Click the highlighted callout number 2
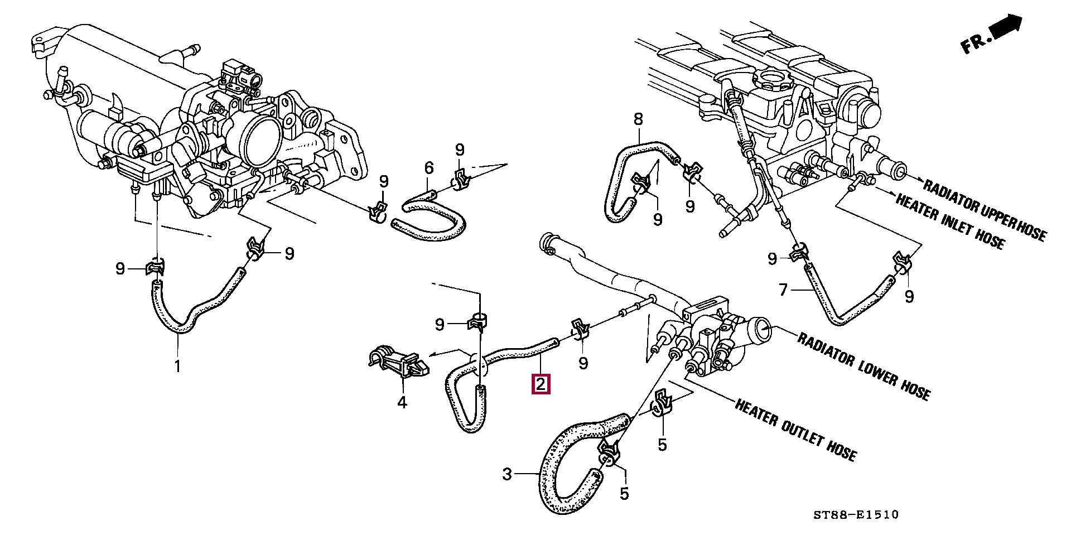click(x=541, y=384)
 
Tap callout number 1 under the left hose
click(x=177, y=367)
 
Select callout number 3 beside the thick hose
click(x=506, y=474)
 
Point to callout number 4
click(x=402, y=402)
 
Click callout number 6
click(x=429, y=167)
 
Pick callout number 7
click(x=783, y=290)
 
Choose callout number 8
click(x=638, y=119)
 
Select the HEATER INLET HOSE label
click(x=950, y=220)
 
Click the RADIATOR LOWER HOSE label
click(x=863, y=366)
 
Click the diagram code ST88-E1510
click(x=856, y=514)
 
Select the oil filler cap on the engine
click(x=773, y=79)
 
